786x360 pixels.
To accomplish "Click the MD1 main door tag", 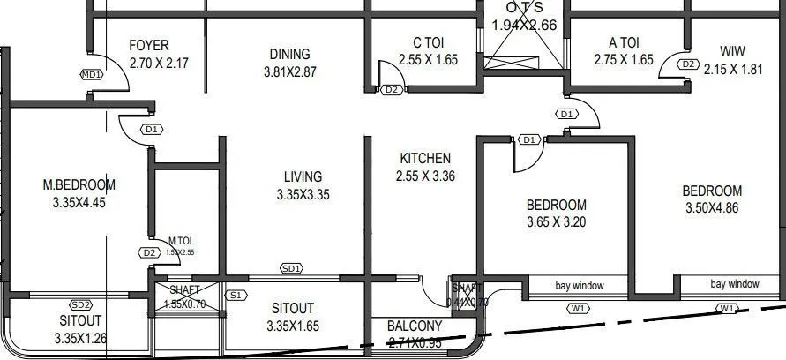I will tap(92, 75).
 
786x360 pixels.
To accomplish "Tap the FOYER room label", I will tap(148, 46).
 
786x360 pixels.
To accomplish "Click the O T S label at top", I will tap(524, 8).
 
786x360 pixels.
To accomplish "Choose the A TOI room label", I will tap(624, 43).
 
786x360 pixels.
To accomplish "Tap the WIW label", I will tap(732, 50).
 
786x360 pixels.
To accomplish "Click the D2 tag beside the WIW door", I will tap(690, 64).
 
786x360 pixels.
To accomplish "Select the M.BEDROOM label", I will tap(79, 184).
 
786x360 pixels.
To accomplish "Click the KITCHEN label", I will tap(425, 158).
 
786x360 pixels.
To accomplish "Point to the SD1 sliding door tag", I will tap(292, 268).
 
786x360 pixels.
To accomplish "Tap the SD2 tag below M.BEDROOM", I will tap(81, 304).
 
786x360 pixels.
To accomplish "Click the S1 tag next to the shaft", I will tap(235, 296).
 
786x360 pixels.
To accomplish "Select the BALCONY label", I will tap(415, 326).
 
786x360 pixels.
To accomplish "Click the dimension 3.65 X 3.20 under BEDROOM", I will tap(556, 222).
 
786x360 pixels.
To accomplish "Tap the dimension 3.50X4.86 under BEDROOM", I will tap(712, 208).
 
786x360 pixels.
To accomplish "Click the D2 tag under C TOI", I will tap(392, 90).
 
